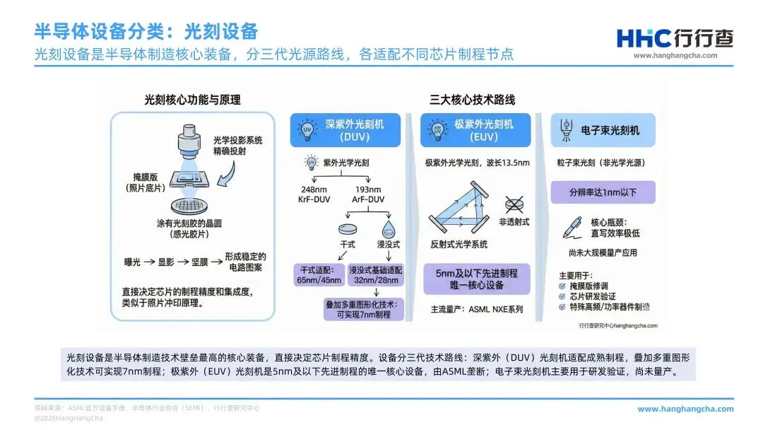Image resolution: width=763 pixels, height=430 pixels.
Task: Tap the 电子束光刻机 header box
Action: coord(602,130)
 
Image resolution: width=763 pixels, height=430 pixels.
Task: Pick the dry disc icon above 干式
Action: coord(348,229)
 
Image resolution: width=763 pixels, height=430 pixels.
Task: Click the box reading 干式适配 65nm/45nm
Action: coord(319,274)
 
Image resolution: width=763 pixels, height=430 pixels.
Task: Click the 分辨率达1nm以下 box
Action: coord(603,192)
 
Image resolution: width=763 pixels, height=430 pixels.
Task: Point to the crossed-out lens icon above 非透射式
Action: coord(514,206)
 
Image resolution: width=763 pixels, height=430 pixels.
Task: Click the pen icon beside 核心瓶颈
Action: coord(572,227)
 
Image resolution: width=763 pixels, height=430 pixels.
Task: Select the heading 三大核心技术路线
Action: coord(473,100)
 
